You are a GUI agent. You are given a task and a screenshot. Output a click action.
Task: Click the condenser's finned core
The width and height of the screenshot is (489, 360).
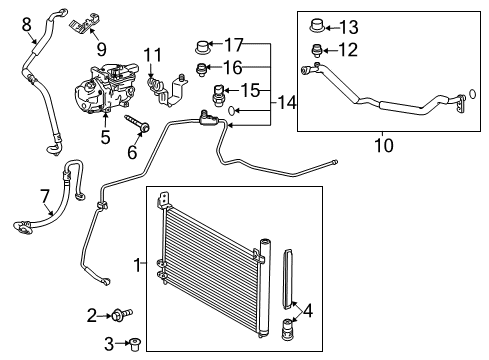[x=210, y=250]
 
